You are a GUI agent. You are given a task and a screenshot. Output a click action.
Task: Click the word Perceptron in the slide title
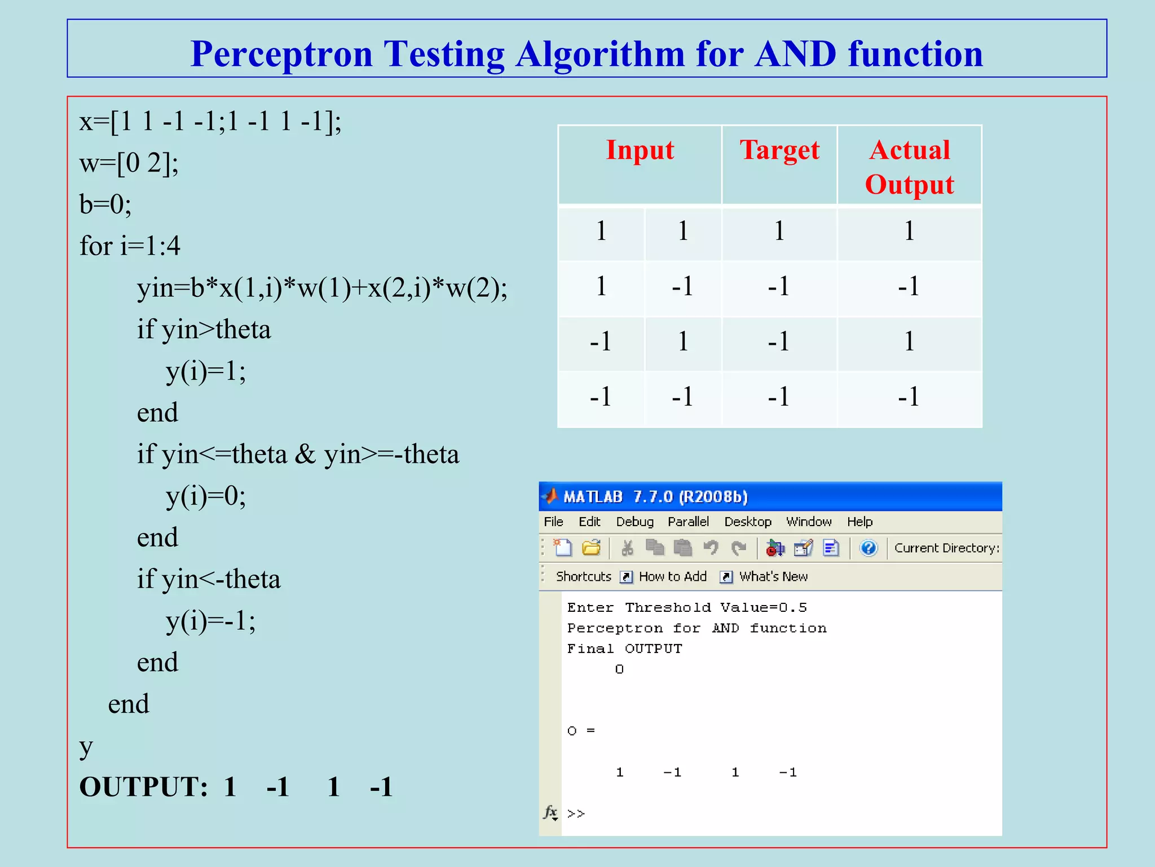281,54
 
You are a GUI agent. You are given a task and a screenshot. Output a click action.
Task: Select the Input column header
640,150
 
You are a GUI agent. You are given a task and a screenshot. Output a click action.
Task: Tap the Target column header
779,150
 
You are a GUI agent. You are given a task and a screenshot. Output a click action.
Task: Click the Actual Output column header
909,167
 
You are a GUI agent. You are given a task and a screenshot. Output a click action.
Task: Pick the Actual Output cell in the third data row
909,341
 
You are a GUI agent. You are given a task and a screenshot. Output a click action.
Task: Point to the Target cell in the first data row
779,231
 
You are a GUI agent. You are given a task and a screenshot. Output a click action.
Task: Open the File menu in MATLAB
553,522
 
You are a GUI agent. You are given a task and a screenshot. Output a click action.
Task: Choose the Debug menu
634,522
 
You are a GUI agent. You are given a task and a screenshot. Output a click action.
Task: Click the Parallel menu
688,522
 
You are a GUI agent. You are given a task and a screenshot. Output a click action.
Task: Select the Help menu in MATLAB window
859,522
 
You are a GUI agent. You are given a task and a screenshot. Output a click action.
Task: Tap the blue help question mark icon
869,548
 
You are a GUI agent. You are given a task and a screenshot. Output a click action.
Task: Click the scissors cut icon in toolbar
627,548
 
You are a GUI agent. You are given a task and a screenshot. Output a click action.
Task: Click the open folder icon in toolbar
591,548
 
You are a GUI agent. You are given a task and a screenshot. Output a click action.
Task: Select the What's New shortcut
773,576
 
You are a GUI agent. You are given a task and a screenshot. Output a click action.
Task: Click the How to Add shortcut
672,576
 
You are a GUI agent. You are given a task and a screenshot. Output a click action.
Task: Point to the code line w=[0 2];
129,163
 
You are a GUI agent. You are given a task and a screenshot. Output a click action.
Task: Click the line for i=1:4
130,246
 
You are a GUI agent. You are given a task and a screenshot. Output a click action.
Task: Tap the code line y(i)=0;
206,496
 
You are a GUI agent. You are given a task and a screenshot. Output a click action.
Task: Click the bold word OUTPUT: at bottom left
144,787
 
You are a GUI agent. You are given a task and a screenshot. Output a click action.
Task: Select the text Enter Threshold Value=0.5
687,607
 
